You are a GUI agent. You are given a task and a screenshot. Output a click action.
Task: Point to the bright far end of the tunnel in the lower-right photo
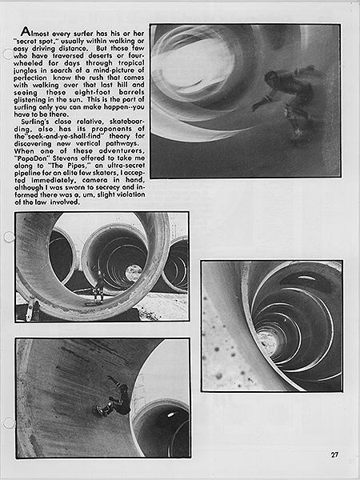pyautogui.click(x=267, y=342)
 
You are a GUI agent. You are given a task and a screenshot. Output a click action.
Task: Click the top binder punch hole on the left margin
pyautogui.click(x=7, y=54)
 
